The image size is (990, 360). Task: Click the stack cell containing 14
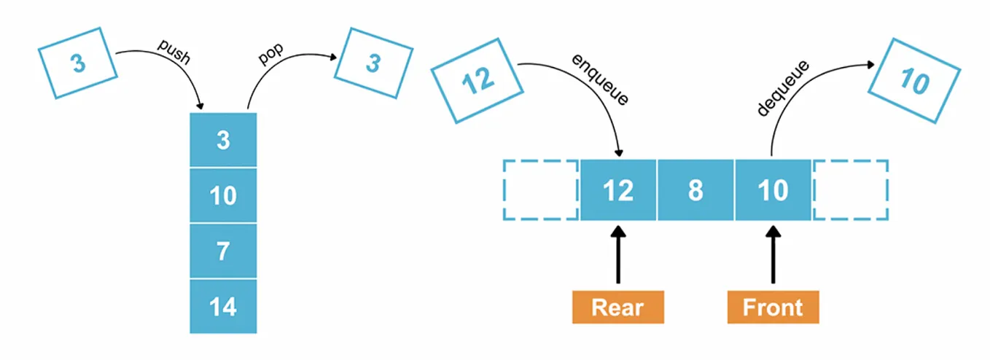[x=223, y=306]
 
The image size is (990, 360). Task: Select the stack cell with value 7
[x=223, y=251]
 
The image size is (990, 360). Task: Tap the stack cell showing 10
[x=223, y=195]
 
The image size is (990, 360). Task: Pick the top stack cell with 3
[x=223, y=140]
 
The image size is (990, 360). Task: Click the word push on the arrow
[x=174, y=52]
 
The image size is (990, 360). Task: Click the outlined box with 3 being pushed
[x=77, y=63]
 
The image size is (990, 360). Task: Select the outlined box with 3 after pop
[x=373, y=63]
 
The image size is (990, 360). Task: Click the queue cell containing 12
[x=617, y=190]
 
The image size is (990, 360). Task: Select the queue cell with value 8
[x=695, y=190]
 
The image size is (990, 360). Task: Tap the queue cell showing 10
[x=773, y=190]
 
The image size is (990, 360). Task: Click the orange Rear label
[x=617, y=307]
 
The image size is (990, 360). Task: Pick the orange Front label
[x=773, y=307]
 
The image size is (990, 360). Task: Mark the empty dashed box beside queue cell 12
[x=540, y=190]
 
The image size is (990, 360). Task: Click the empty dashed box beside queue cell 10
[x=850, y=190]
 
